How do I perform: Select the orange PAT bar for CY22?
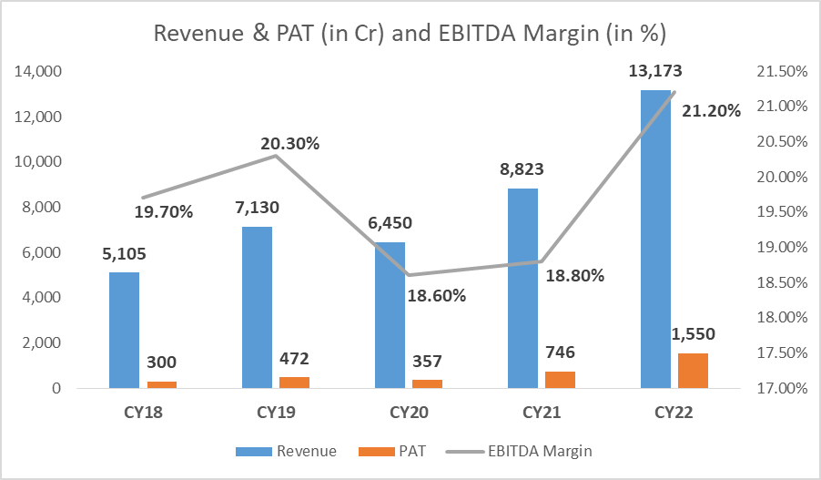tap(693, 370)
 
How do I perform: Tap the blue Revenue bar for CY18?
tap(124, 330)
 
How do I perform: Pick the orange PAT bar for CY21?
tap(560, 379)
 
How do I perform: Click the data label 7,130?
tap(258, 209)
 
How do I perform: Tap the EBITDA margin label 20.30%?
tap(289, 143)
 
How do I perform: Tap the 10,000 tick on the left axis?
tap(35, 162)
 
